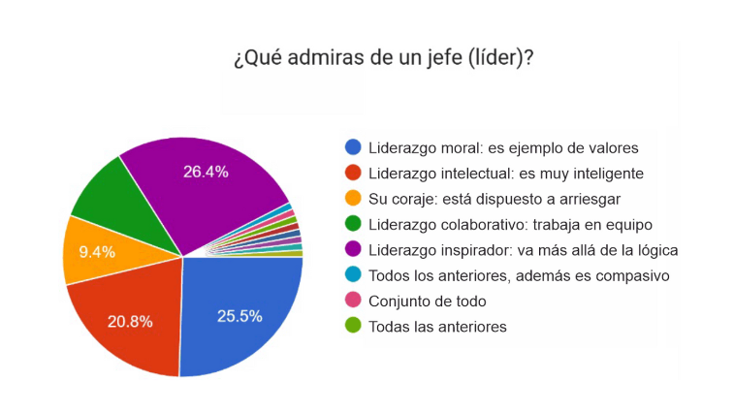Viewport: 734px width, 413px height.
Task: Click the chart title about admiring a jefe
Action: [x=383, y=58]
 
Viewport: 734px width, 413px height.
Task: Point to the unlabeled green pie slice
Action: [x=112, y=194]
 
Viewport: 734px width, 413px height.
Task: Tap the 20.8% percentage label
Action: [x=131, y=321]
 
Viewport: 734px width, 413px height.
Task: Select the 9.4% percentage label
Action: [x=97, y=252]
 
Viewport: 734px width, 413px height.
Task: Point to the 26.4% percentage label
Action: [x=206, y=172]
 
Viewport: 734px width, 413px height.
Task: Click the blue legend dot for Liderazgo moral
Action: [x=353, y=148]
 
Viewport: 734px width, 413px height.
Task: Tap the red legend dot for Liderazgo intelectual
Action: [x=353, y=174]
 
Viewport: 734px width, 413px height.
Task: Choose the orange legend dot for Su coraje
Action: [x=353, y=199]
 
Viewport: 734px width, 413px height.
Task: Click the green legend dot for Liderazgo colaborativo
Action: [x=353, y=225]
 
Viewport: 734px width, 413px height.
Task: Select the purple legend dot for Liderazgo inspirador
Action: [x=353, y=250]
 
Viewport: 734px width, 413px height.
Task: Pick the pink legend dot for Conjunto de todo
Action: [x=353, y=301]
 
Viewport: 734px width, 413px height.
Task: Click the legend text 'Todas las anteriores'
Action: [x=437, y=327]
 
